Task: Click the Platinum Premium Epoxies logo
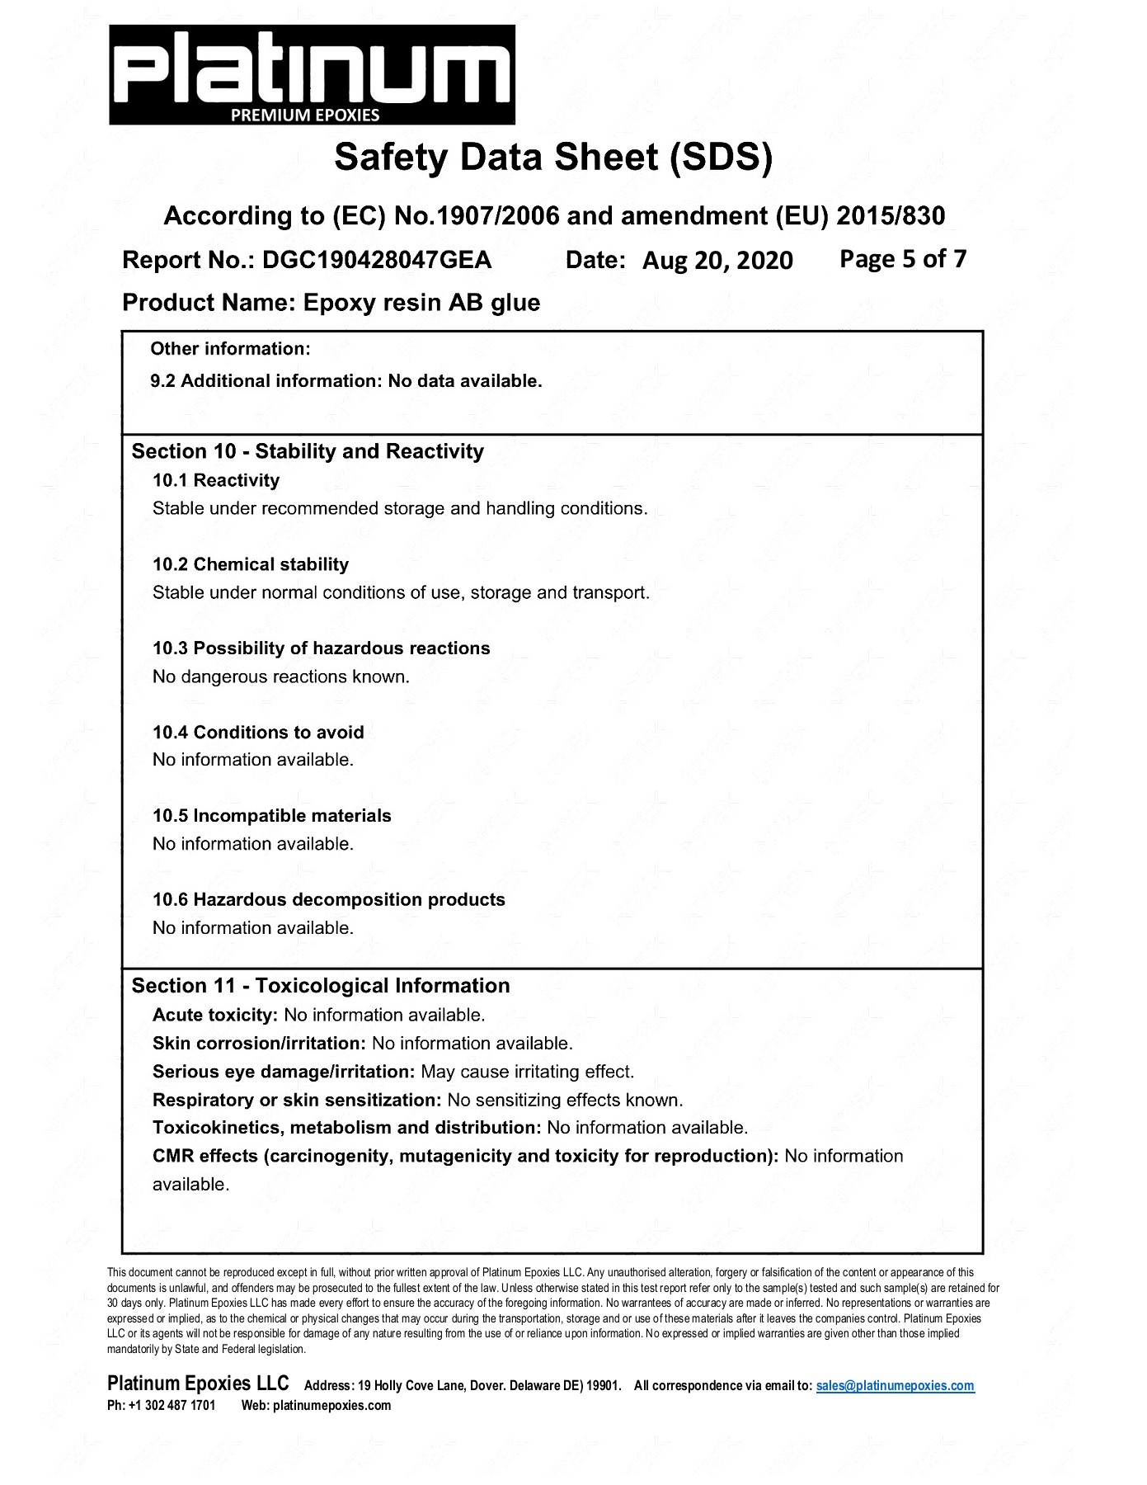coord(312,74)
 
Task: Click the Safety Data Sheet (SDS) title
coord(553,158)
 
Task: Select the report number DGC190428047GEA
coord(377,261)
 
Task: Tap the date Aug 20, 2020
coord(717,261)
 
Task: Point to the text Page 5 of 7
coord(902,259)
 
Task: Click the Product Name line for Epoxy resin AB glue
coord(331,303)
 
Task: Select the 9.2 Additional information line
coord(346,381)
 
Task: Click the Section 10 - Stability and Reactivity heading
coord(308,451)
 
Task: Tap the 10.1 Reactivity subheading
coord(216,480)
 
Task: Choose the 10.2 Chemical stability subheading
coord(251,564)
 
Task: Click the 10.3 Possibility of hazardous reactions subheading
coord(321,648)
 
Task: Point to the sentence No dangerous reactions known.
coord(280,676)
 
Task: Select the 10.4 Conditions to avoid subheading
coord(258,733)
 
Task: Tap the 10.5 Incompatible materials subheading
coord(271,816)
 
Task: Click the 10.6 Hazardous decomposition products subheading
coord(328,900)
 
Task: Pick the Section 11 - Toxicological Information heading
coord(320,986)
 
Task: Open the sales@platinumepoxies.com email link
coord(895,1386)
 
